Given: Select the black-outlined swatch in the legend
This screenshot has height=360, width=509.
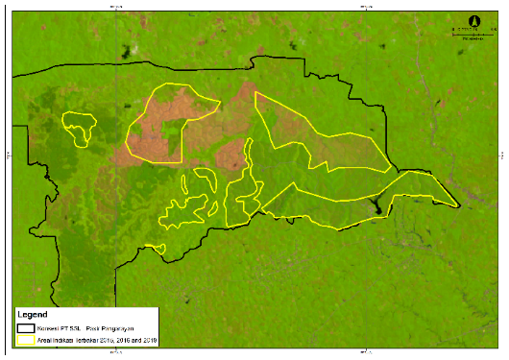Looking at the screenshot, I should [x=25, y=328].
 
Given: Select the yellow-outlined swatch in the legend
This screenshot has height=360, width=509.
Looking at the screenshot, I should [x=25, y=340].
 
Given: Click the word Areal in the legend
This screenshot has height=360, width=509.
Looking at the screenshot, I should [x=46, y=340].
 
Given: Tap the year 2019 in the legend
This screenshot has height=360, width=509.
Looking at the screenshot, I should [x=153, y=340].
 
